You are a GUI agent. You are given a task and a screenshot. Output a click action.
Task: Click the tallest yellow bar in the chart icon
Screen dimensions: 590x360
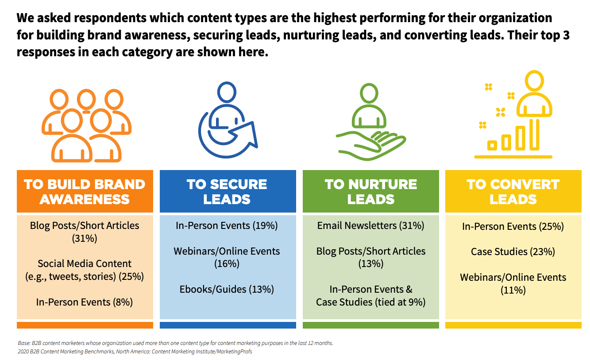coord(534,135)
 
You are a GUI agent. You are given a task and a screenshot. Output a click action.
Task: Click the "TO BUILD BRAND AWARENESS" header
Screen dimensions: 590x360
coord(85,191)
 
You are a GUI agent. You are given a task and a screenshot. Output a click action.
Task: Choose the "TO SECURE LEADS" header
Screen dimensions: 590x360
coord(228,191)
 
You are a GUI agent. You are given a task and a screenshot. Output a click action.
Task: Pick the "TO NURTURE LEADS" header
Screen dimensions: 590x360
coord(371,191)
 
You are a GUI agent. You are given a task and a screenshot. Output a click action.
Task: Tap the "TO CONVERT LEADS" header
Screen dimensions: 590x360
coord(513,191)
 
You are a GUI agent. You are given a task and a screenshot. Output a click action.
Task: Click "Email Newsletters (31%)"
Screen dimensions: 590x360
coord(370,225)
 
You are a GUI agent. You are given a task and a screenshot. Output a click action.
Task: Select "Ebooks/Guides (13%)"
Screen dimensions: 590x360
coord(227,289)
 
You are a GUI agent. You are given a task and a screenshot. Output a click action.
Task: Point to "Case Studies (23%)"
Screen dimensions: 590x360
coord(513,252)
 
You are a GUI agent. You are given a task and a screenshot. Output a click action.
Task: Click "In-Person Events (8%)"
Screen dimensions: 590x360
coord(84,302)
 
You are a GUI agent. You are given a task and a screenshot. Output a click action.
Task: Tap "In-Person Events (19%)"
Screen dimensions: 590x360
coord(227,225)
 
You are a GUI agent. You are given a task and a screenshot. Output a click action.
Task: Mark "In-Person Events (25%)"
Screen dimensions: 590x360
coord(513,226)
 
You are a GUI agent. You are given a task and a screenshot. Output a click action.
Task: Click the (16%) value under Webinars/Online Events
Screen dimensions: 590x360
coord(227,264)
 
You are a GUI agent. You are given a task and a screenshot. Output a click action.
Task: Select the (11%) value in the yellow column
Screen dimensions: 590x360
coord(513,290)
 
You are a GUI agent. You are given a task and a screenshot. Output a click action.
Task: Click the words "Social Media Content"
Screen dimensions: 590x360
coord(85,263)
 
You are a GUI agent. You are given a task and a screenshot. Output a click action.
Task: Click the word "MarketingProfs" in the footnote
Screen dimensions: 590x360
coord(235,352)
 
